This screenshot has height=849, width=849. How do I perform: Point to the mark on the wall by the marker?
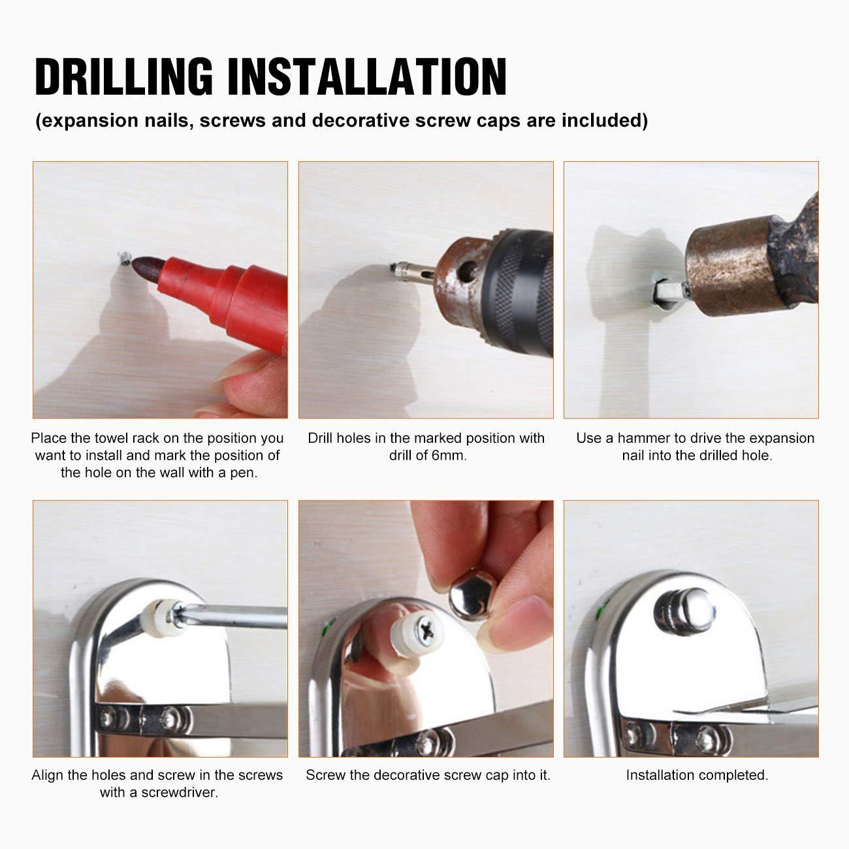tap(125, 258)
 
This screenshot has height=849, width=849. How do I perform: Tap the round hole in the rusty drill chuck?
tap(468, 272)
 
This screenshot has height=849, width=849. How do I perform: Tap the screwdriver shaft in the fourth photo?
tap(234, 616)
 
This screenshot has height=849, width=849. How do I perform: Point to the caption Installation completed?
tap(697, 775)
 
